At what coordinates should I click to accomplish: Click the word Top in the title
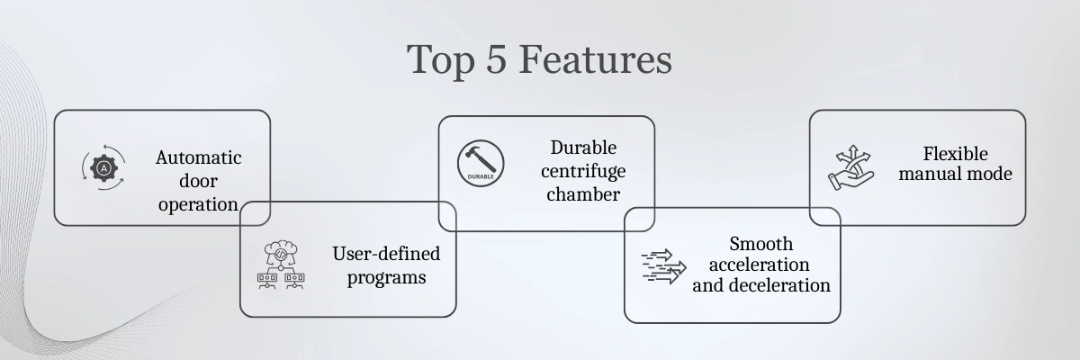point(441,60)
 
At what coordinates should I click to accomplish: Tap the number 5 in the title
point(496,58)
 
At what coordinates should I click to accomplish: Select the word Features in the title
point(596,58)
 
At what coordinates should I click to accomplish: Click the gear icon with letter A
point(103,167)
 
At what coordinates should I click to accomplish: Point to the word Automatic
point(198,157)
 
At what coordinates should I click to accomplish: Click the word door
point(198,181)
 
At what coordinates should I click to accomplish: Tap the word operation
point(198,205)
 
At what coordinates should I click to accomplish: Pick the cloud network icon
point(281,265)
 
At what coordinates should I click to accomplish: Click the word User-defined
point(386,254)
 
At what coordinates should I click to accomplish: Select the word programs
point(386,277)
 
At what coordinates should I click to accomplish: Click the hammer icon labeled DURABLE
point(481,163)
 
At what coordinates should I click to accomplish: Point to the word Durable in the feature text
point(583,148)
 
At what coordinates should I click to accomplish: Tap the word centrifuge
point(583,172)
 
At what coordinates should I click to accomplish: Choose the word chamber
point(583,194)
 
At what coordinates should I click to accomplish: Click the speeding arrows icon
point(663,266)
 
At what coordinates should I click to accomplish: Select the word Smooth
point(760,244)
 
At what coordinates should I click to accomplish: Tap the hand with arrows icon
point(851,167)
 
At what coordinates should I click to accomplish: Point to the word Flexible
point(955,154)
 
